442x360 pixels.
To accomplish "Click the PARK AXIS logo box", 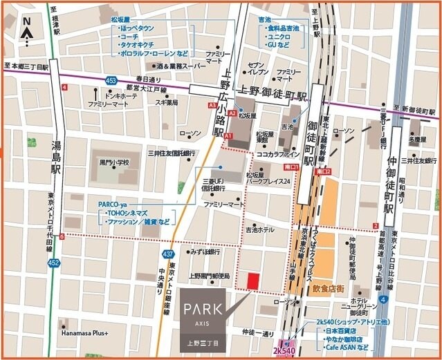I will click(x=203, y=319).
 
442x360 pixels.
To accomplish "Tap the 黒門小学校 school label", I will click(x=115, y=163).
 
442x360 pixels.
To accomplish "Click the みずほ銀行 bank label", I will click(x=205, y=253).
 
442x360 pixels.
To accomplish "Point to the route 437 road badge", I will click(x=167, y=255).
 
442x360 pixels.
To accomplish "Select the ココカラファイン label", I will click(x=277, y=154).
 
